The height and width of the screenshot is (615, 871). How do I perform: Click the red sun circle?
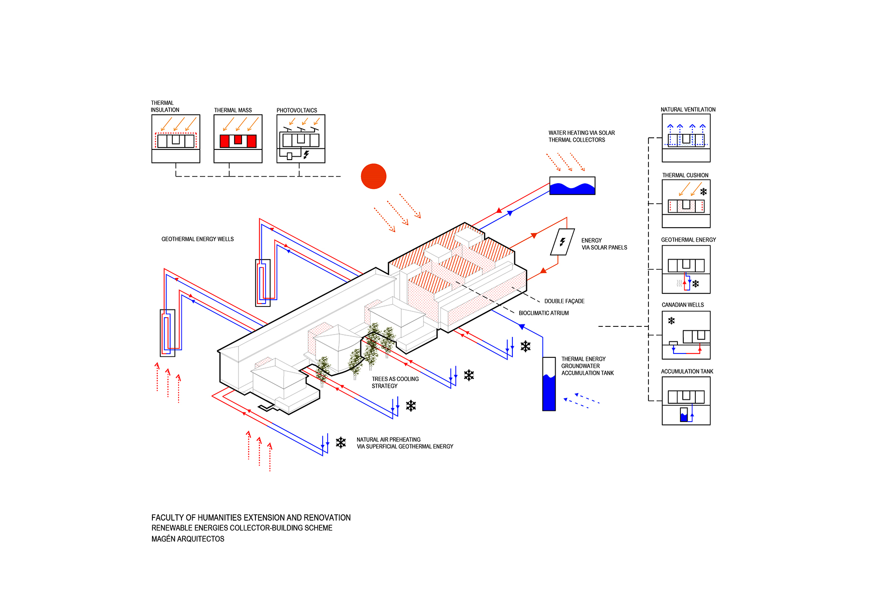(374, 176)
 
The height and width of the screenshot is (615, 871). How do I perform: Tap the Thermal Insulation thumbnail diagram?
(176, 139)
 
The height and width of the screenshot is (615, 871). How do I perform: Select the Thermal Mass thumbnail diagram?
(238, 139)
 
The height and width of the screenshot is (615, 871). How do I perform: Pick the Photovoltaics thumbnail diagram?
(300, 139)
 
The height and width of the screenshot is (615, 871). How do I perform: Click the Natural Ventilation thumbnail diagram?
(686, 138)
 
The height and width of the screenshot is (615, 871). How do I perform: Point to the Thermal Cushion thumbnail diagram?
(686, 204)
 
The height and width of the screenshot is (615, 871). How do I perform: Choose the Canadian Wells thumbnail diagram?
(686, 335)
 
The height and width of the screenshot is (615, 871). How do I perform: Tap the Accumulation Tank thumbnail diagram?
(686, 401)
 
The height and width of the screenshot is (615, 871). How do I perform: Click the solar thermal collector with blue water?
(572, 186)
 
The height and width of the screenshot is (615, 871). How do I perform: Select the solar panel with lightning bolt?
(562, 242)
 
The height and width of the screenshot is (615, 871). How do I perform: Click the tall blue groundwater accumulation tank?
(549, 384)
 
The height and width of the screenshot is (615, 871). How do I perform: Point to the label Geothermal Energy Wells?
(197, 239)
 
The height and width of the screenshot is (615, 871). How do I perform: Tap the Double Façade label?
(564, 301)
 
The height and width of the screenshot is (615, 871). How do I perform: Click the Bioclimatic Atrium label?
(543, 313)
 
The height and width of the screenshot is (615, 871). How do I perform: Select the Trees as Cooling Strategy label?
(395, 382)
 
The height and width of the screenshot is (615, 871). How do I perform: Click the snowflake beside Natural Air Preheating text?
(341, 442)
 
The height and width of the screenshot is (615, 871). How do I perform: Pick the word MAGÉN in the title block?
(164, 539)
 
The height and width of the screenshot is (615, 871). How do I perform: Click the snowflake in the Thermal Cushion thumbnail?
(703, 192)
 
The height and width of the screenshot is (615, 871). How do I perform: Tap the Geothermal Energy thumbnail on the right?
(686, 269)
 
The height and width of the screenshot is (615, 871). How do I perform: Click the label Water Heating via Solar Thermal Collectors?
(581, 136)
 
